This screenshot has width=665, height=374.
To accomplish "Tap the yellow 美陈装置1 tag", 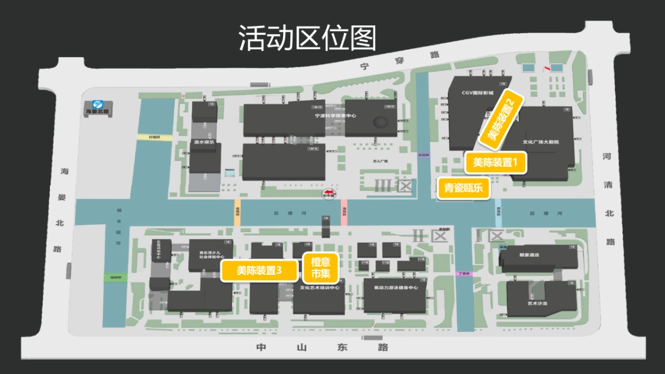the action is coord(495,163).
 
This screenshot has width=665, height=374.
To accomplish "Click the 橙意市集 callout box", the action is coord(320,268).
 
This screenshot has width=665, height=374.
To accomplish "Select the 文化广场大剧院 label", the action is coord(541,142).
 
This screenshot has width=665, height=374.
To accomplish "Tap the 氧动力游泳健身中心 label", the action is coord(396,288).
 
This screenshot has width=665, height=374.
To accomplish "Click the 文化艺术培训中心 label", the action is coord(320,288).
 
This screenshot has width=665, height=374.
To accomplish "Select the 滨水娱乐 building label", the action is coord(204,142).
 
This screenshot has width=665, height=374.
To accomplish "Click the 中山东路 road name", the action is coord(322,348).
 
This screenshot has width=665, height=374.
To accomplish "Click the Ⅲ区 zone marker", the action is coord(394,186).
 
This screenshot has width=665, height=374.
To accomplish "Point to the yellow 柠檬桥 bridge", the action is coord(150,137).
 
